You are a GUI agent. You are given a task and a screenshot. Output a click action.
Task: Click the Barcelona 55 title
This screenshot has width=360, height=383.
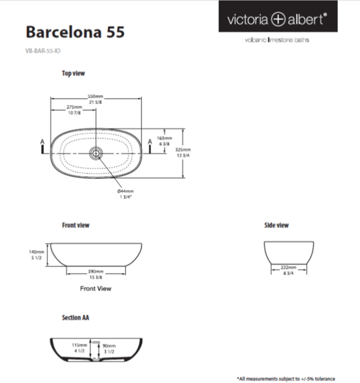pyautogui.click(x=75, y=32)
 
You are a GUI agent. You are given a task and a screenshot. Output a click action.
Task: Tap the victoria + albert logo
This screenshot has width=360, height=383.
pyautogui.click(x=277, y=19)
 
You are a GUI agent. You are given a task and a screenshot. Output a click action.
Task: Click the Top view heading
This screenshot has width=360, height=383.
pyautogui.click(x=73, y=73)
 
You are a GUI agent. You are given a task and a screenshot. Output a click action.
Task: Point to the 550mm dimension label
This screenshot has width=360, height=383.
pyautogui.click(x=95, y=96)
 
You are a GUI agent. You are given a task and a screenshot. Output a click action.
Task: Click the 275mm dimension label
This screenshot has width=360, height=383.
pyautogui.click(x=74, y=107)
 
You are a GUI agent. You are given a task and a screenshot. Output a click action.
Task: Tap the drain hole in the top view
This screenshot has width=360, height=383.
pyautogui.click(x=96, y=153)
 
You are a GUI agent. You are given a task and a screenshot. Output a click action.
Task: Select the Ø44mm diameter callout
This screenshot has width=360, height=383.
pyautogui.click(x=125, y=191)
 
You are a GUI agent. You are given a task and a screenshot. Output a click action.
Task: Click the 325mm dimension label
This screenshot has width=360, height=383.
pyautogui.click(x=197, y=150)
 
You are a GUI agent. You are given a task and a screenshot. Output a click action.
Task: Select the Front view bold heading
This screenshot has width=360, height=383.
pyautogui.click(x=76, y=225)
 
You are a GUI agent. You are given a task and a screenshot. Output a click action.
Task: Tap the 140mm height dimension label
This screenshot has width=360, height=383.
pyautogui.click(x=37, y=252)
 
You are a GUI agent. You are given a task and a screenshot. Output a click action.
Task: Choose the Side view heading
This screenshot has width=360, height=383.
pyautogui.click(x=276, y=225)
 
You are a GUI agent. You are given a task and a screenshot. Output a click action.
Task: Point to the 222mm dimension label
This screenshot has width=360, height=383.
pyautogui.click(x=289, y=268)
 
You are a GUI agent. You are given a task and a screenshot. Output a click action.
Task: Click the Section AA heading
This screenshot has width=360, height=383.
pyautogui.click(x=75, y=317)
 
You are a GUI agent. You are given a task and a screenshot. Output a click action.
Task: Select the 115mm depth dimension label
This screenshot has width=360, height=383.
pyautogui.click(x=79, y=345)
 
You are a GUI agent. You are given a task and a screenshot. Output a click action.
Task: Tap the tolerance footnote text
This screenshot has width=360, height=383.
pyautogui.click(x=286, y=379)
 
